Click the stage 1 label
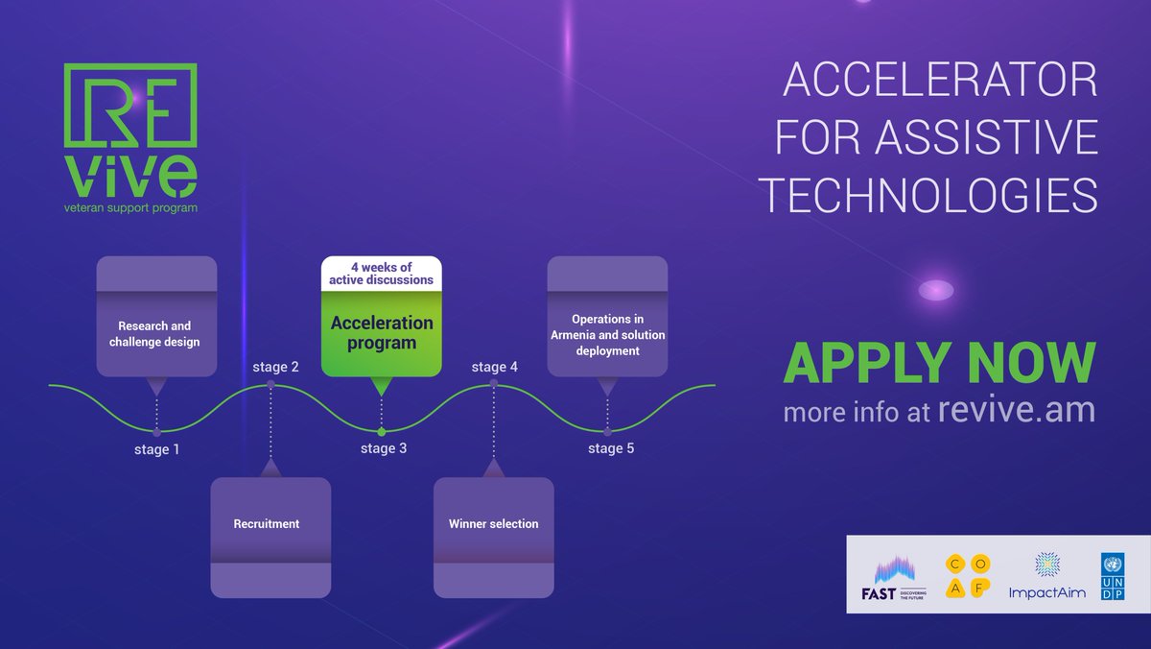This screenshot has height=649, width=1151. tap(156, 448)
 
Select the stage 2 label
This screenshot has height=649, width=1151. tap(275, 367)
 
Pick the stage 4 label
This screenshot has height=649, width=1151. tap(495, 367)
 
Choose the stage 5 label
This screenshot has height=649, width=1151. tap(611, 448)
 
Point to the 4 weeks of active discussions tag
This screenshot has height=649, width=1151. tap(381, 273)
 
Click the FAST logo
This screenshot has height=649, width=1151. tap(892, 576)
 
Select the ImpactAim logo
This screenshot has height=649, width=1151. tap(1046, 577)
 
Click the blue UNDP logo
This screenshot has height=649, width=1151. tap(1113, 577)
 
